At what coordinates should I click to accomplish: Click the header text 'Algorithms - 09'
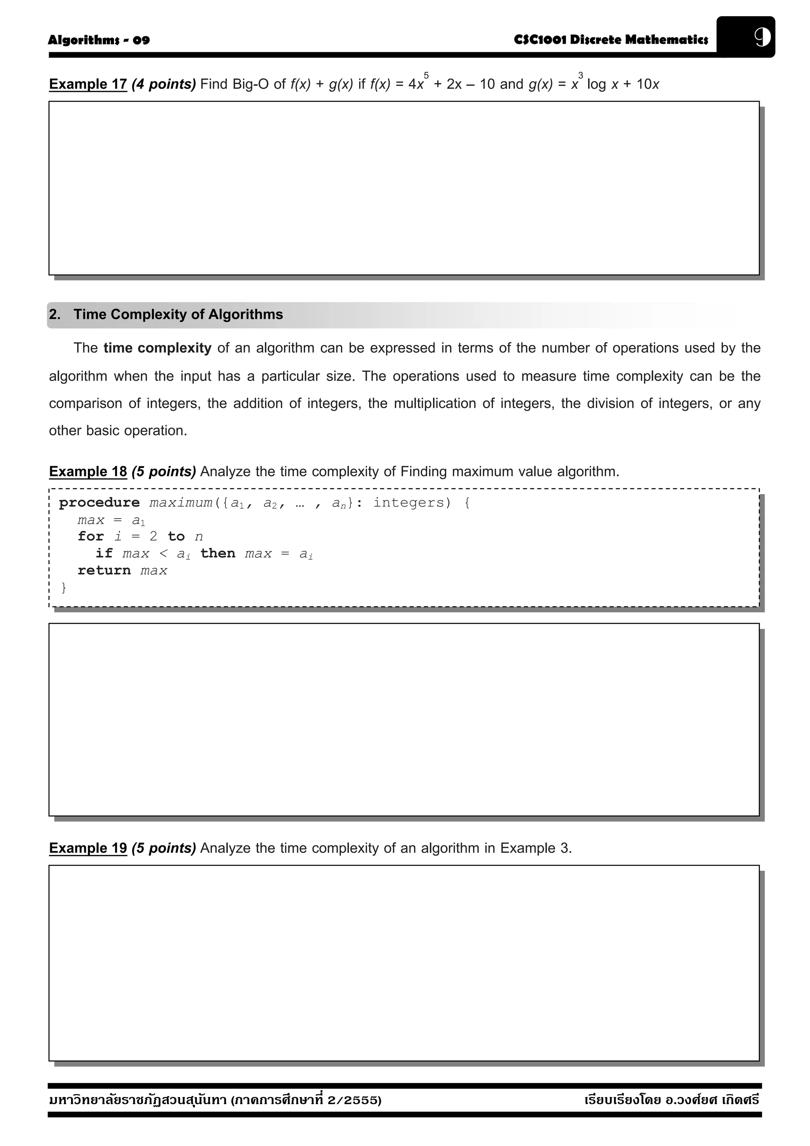99,40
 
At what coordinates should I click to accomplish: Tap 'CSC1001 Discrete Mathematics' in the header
611,40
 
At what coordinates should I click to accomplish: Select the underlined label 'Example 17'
88,84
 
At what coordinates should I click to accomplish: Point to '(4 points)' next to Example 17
164,84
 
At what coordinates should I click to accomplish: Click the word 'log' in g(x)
596,84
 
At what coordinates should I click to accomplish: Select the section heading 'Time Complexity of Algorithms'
178,314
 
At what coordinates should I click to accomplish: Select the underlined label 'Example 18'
88,472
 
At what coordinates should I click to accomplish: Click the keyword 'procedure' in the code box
99,503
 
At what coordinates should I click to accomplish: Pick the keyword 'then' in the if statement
218,553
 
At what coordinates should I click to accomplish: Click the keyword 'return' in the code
104,570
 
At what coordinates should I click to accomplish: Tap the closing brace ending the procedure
63,588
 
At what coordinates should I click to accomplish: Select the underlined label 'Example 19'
88,849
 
